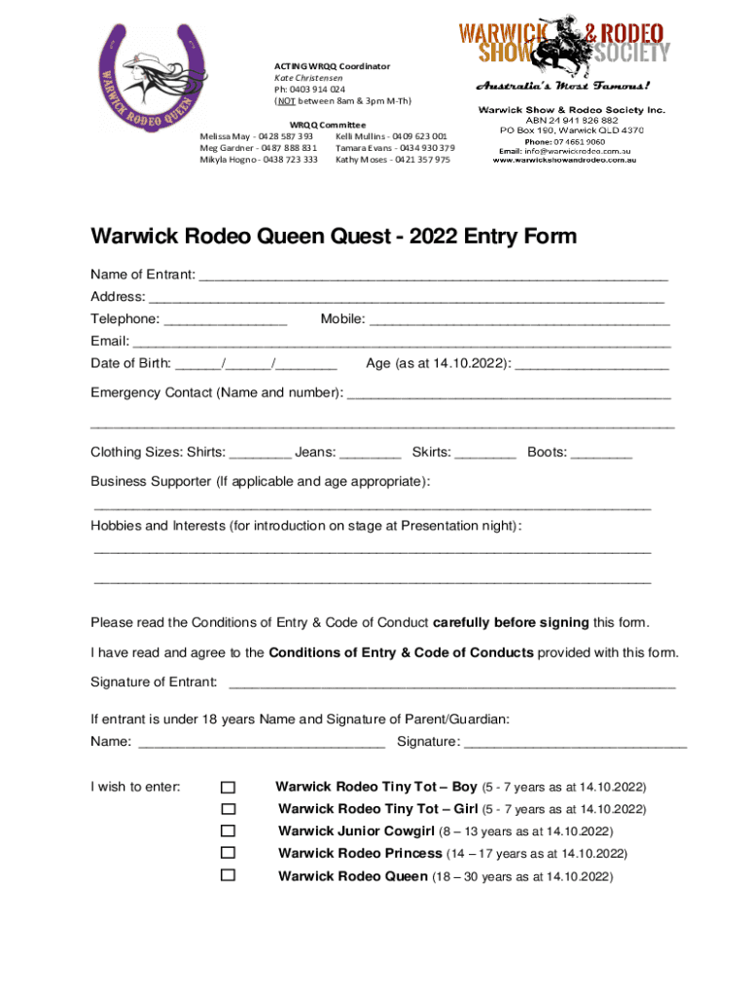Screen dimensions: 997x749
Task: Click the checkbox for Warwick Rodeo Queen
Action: [x=228, y=875]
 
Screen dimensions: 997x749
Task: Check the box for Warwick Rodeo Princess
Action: [x=228, y=853]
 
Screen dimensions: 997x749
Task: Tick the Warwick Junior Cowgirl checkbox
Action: [x=228, y=831]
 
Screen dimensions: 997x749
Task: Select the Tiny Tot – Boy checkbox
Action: [x=228, y=787]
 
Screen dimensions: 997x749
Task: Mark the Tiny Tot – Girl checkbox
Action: [x=228, y=809]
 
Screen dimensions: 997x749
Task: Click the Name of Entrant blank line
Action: [x=433, y=277]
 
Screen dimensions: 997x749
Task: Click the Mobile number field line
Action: [x=519, y=320]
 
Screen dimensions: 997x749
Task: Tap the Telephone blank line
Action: [x=226, y=320]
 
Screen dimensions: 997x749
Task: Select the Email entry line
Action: [x=401, y=343]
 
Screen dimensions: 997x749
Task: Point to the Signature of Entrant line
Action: [x=451, y=683]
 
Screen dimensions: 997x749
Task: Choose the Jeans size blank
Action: [x=372, y=454]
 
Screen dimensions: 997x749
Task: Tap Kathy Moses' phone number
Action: [x=421, y=160]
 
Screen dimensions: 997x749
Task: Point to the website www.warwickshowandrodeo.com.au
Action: [x=564, y=161]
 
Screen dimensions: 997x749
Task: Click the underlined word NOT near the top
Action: [x=284, y=100]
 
